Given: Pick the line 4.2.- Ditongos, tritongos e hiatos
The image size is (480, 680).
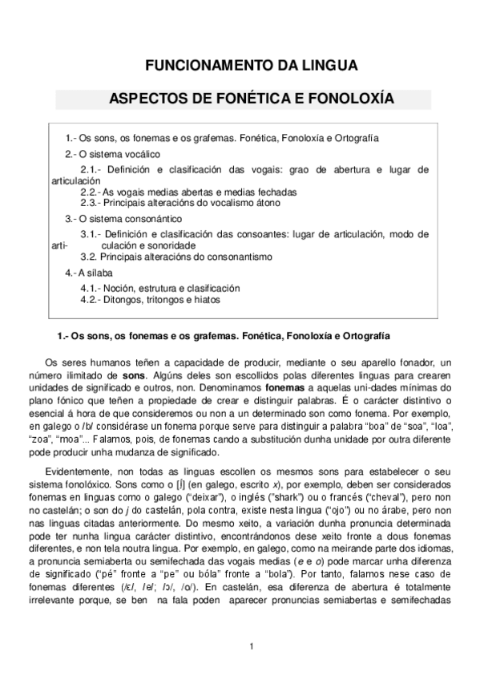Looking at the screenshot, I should click(x=151, y=299).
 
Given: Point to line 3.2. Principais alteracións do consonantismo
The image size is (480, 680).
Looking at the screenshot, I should click(x=176, y=257).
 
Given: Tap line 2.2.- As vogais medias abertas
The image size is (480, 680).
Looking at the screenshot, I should click(x=188, y=192).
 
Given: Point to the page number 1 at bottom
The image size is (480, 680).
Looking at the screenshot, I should click(x=251, y=646).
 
